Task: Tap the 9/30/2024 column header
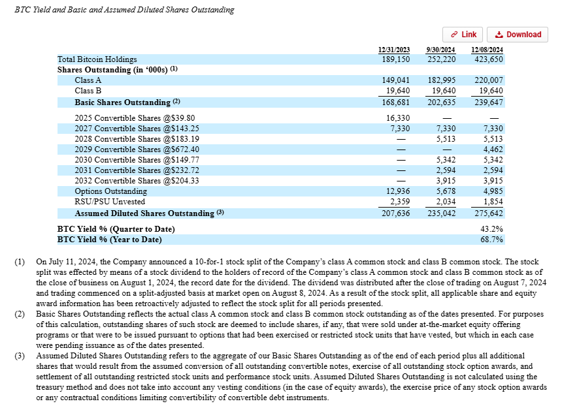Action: pos(440,50)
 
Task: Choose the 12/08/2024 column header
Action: pos(486,50)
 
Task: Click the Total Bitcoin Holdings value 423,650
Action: pos(489,59)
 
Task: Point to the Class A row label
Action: pos(88,80)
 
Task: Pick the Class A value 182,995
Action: pos(441,80)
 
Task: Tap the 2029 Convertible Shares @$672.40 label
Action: pos(128,149)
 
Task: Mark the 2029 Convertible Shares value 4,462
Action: pos(492,149)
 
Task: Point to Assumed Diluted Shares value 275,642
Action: pos(489,213)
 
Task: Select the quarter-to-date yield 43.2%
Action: pos(492,229)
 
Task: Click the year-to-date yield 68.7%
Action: pos(492,240)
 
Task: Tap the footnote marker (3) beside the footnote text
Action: pos(20,356)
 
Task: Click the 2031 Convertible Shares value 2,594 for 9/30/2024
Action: pos(444,170)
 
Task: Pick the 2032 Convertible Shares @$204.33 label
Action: pos(128,181)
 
